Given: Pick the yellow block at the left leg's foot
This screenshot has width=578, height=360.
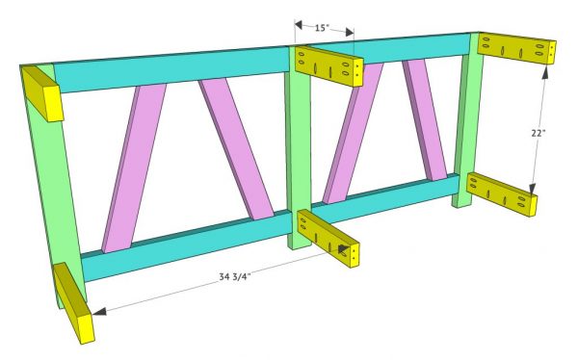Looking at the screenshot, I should coord(73,303).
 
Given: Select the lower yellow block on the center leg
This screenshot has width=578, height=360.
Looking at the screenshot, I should coord(328,240).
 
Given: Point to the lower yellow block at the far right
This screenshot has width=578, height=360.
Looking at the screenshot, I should coord(502,193).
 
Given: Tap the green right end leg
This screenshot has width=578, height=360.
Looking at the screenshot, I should coord(467,125).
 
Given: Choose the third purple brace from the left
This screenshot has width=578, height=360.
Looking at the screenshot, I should coord(352,135).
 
